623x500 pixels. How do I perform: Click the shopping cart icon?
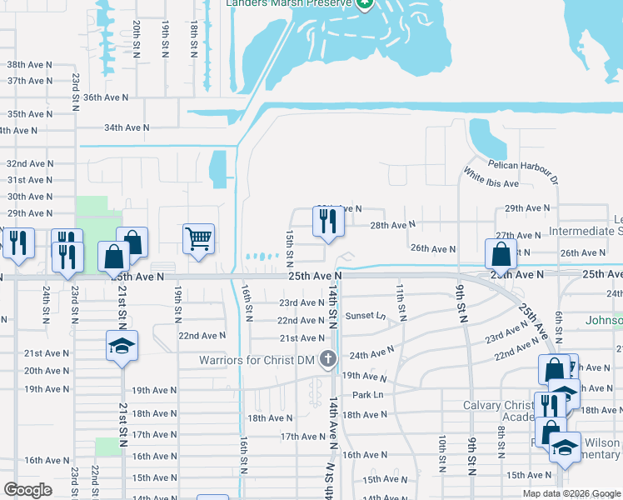click(199, 239)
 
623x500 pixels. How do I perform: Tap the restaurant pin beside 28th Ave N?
click(326, 221)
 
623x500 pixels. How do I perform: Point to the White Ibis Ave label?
click(491, 178)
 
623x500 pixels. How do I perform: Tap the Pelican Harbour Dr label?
click(523, 169)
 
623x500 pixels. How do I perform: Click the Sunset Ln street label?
click(366, 316)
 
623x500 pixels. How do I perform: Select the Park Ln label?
click(367, 394)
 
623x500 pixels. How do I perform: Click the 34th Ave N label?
click(127, 127)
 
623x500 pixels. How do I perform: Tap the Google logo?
click(27, 489)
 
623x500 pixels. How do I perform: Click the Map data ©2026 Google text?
click(571, 493)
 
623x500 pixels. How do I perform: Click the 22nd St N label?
click(96, 482)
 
